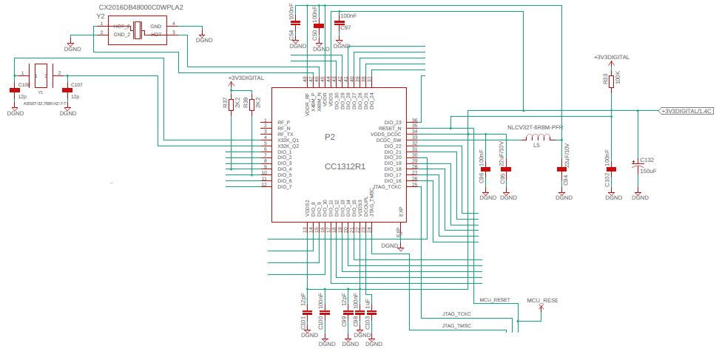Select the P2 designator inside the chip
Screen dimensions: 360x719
330,137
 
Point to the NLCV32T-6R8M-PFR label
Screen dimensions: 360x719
534,128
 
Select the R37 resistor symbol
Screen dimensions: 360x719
232,105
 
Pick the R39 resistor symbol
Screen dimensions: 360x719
252,105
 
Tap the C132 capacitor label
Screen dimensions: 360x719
647,160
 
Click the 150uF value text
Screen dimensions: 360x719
648,171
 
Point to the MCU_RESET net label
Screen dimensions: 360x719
495,300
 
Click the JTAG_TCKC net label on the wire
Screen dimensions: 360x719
456,314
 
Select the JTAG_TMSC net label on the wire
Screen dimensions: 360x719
456,326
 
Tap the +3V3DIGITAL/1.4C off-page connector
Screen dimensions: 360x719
686,111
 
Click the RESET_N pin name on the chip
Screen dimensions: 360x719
390,128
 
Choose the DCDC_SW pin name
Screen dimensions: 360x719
388,140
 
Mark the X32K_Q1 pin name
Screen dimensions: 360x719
288,140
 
